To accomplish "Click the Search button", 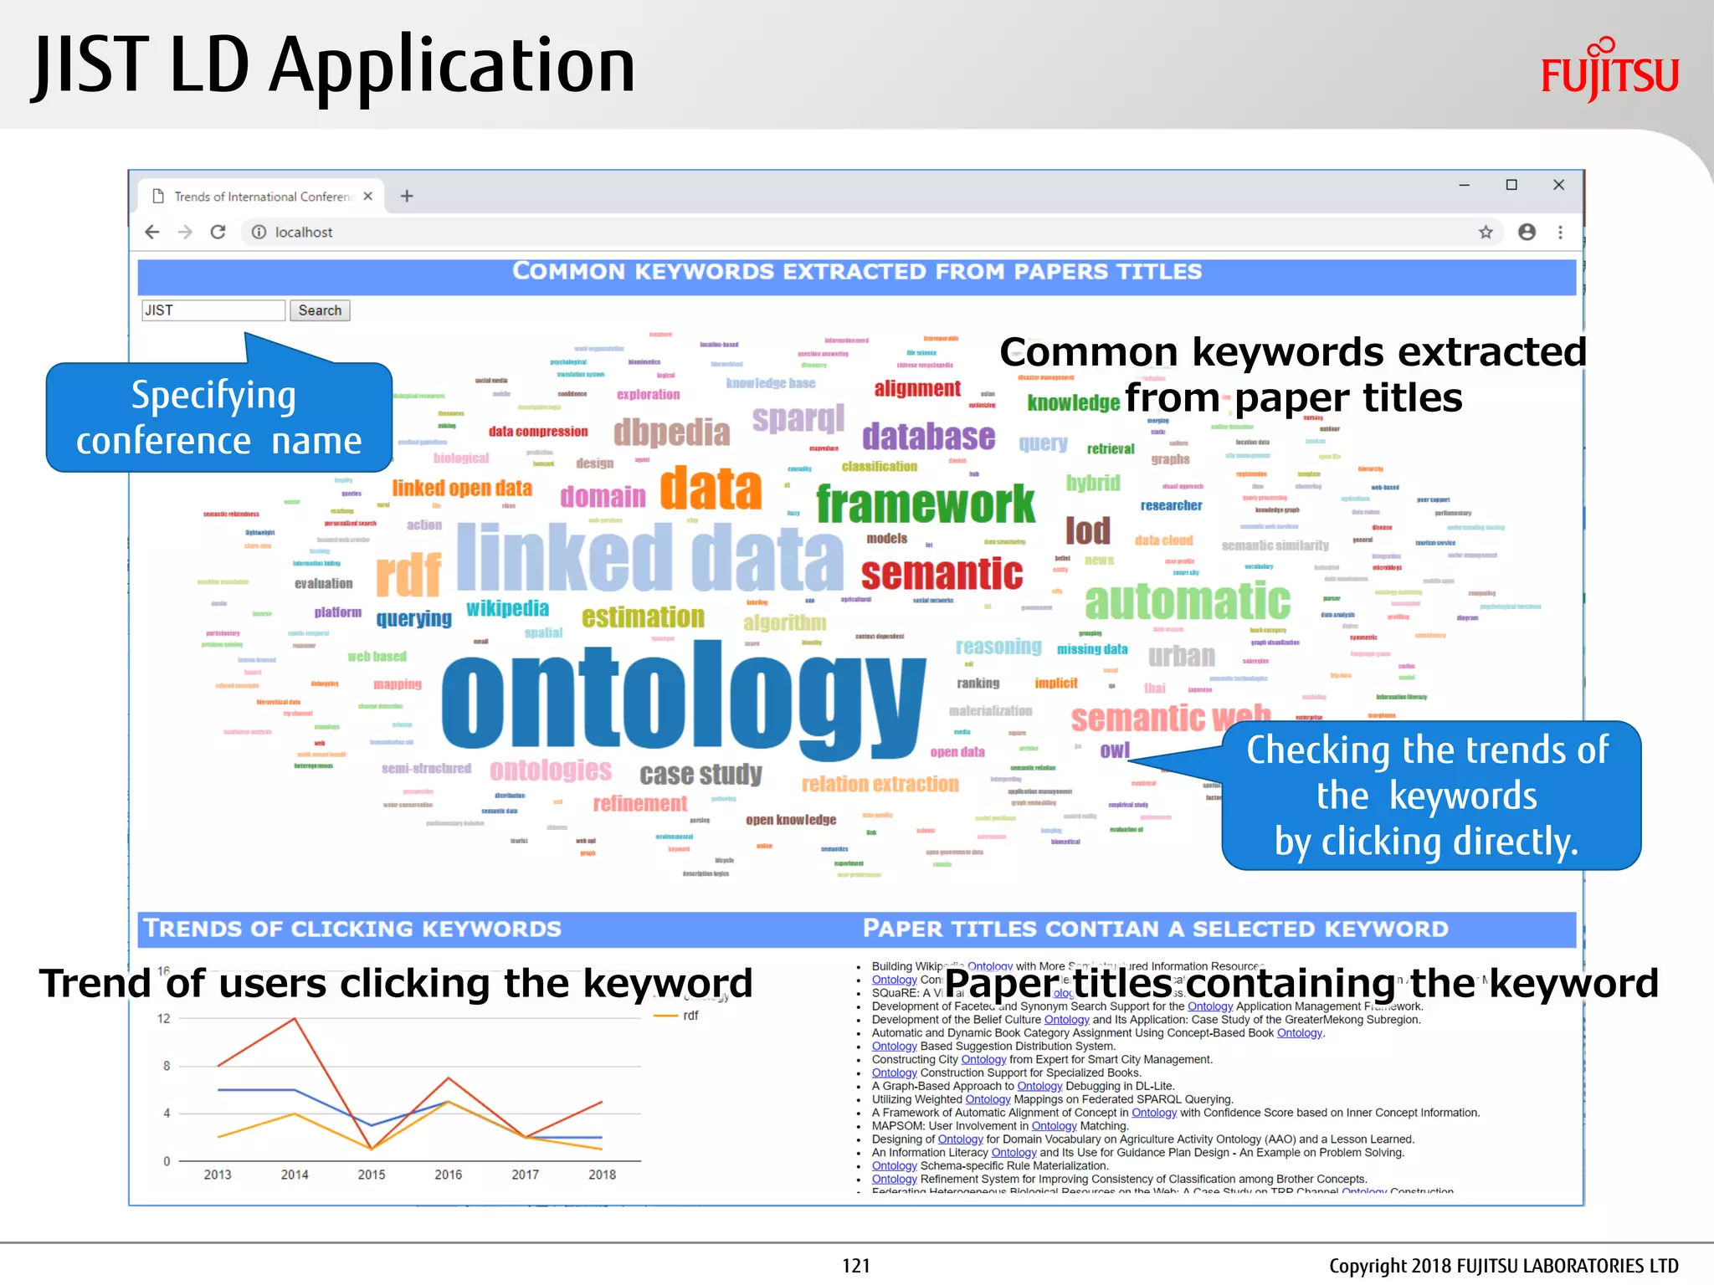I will [x=320, y=310].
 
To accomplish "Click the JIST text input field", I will [x=213, y=310].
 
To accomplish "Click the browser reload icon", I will [x=218, y=232].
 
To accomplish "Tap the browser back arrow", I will [x=152, y=232].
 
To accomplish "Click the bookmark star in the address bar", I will [x=1486, y=232].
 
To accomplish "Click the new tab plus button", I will [x=407, y=196].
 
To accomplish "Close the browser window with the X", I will [x=1558, y=185].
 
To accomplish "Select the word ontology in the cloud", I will [x=682, y=694].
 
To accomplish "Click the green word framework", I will [x=926, y=504].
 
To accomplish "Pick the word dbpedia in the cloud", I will [x=671, y=433].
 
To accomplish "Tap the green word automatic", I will [x=1187, y=601].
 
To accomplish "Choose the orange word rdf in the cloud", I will [x=408, y=575].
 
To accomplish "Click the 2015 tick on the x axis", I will [x=372, y=1175].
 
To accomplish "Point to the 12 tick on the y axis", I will [x=164, y=1018].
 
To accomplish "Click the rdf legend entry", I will [x=690, y=1016].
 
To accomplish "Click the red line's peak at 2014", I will [x=295, y=1018].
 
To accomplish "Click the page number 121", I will [x=855, y=1266].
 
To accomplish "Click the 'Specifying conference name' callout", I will [x=218, y=417].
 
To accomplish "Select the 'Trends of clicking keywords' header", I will [x=352, y=929].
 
